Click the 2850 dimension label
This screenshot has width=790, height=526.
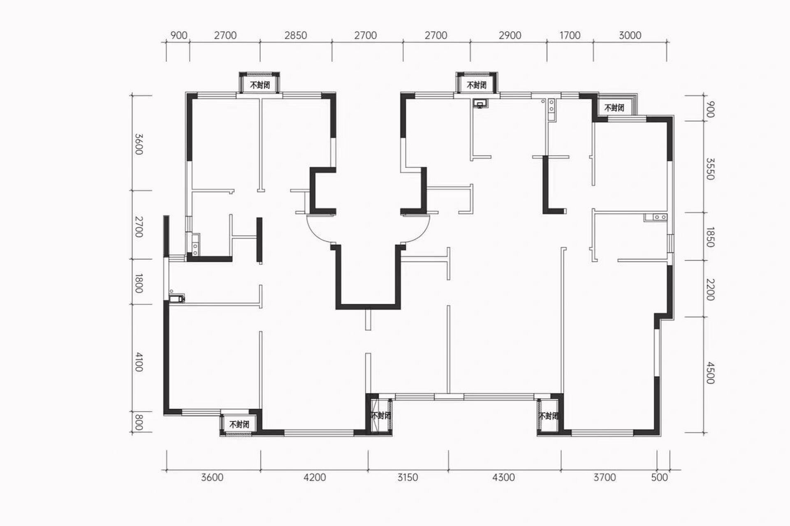tap(296, 35)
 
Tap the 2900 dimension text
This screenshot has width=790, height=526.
tap(510, 35)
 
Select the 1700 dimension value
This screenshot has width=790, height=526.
tap(570, 35)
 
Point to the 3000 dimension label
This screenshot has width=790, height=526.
tap(630, 35)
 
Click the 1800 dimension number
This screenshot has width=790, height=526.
tap(139, 284)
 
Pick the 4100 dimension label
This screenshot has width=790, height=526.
tap(139, 362)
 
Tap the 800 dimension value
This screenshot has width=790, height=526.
tap(139, 422)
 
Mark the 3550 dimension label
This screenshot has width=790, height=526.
tap(710, 169)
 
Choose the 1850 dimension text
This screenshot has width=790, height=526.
tap(710, 237)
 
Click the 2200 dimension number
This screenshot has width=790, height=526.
tap(710, 290)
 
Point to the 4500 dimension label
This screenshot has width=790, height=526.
tap(710, 373)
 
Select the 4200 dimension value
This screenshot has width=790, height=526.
tap(315, 477)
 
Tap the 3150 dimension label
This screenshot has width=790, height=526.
tap(408, 477)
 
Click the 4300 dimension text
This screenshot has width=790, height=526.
tap(503, 477)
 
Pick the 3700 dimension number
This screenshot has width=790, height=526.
tap(605, 477)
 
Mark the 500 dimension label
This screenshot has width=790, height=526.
tap(660, 477)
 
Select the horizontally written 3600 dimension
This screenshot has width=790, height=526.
tap(212, 477)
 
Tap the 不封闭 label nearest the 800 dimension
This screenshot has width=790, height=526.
tap(239, 424)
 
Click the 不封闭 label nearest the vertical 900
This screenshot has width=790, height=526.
tap(614, 108)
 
